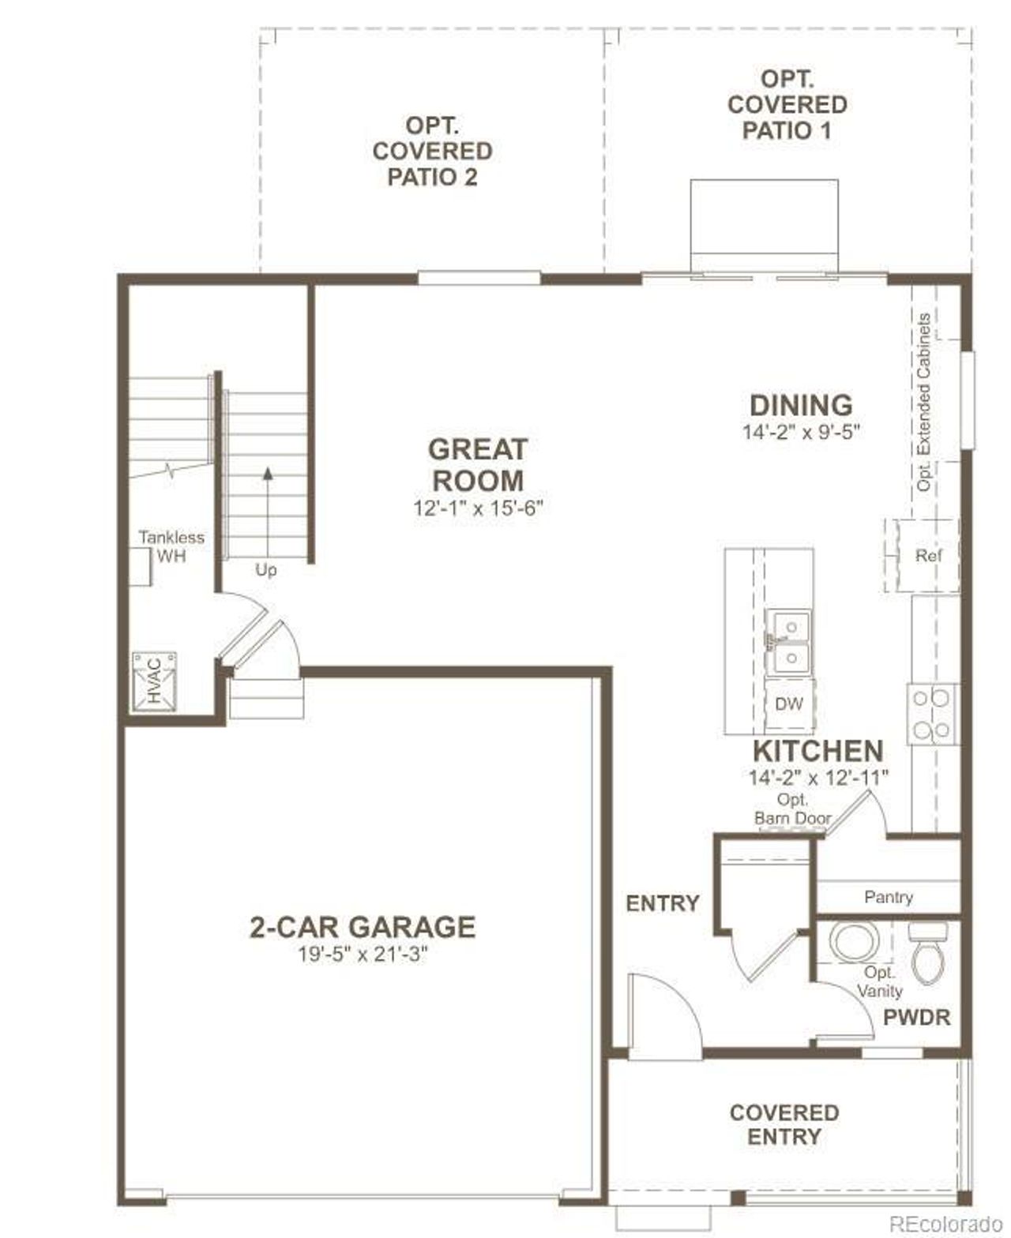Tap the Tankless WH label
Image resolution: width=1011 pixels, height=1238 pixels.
171,546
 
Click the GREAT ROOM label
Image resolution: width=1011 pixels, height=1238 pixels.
477,464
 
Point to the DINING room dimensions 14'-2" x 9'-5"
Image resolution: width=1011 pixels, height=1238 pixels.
800,433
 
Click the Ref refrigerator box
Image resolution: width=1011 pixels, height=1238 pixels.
928,556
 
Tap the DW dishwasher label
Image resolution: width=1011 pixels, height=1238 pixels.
788,704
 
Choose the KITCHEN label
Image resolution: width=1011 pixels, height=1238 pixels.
817,750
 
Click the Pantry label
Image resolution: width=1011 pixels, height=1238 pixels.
888,897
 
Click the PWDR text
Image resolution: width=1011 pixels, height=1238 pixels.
916,1017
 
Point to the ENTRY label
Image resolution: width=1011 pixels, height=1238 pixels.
662,903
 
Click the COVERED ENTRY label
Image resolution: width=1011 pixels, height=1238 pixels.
784,1124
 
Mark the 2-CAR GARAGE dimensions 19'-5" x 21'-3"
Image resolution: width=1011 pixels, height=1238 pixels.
363,955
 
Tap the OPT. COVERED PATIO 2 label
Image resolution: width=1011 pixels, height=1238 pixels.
432,151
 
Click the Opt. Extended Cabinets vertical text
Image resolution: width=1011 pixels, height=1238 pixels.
924,403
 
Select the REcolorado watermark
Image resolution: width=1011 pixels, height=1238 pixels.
945,1224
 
